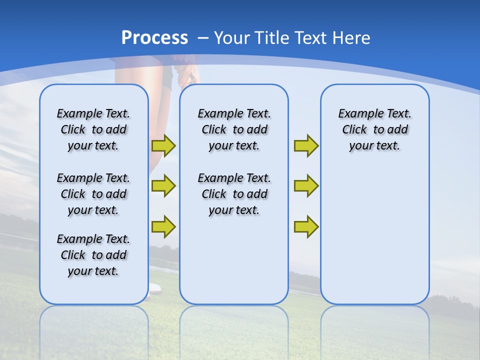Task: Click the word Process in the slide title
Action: click(154, 38)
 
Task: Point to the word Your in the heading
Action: click(232, 38)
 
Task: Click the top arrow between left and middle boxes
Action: click(163, 145)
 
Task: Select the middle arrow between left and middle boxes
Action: click(163, 186)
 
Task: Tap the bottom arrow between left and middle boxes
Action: click(163, 226)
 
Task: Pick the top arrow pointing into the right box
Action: click(306, 145)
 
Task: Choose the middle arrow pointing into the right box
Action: click(306, 186)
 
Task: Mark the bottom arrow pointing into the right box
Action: click(306, 226)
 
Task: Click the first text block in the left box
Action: click(93, 129)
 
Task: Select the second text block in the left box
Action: click(93, 194)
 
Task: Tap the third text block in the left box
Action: click(93, 255)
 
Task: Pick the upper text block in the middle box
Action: click(234, 129)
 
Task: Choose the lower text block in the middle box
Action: click(234, 194)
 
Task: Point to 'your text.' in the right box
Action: click(374, 146)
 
